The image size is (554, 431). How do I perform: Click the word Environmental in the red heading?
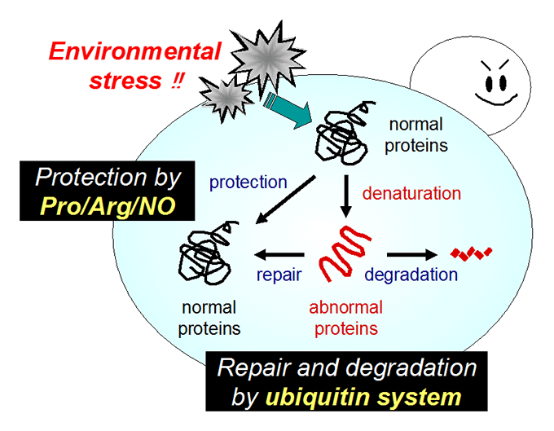134,51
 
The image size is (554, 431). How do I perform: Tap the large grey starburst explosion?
268,59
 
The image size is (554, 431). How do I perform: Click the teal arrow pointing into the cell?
288,110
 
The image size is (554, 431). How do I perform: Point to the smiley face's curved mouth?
496,100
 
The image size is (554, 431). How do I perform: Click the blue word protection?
248,183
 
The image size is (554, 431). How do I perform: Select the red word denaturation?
411,194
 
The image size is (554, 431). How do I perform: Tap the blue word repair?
279,275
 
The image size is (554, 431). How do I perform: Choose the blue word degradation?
411,275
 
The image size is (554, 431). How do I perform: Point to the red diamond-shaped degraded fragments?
471,253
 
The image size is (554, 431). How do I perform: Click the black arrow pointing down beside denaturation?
346,196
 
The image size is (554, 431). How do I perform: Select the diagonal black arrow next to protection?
285,200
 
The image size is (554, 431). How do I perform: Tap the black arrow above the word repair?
279,254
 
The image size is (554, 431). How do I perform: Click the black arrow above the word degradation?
412,254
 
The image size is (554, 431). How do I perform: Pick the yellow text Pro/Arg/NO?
108,206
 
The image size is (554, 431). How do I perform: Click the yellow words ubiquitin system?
363,397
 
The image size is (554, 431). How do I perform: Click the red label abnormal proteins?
346,318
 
